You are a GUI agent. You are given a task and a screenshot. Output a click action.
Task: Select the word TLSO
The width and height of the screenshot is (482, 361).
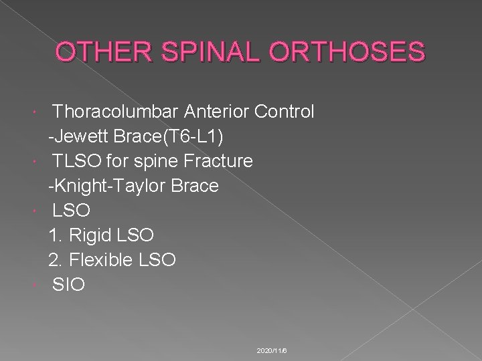(x=74, y=160)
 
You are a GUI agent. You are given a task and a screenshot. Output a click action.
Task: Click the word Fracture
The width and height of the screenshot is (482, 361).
(x=216, y=160)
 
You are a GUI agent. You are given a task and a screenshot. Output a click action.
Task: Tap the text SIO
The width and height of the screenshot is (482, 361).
(x=69, y=284)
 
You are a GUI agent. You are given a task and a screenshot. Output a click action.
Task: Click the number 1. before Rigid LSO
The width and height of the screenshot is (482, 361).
(x=56, y=235)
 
